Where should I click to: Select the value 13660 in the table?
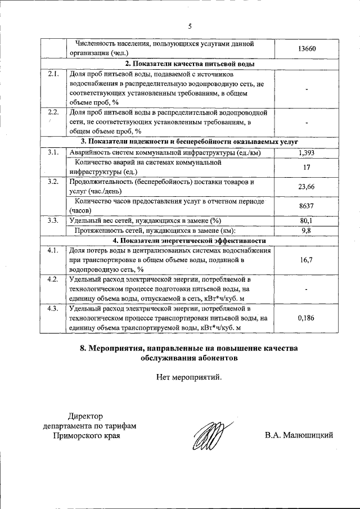pyautogui.click(x=307, y=49)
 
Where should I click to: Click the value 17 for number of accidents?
pyautogui.click(x=307, y=167)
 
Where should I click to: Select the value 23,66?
pyautogui.click(x=307, y=186)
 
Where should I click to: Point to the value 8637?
pyautogui.click(x=307, y=205)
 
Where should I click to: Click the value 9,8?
pyautogui.click(x=307, y=230)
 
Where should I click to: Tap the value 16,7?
pyautogui.click(x=307, y=260)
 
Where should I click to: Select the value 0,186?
pyautogui.click(x=307, y=318)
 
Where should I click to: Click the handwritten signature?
pyautogui.click(x=209, y=434)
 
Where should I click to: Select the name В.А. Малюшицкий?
pyautogui.click(x=300, y=435)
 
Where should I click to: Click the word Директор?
pyautogui.click(x=86, y=416)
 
